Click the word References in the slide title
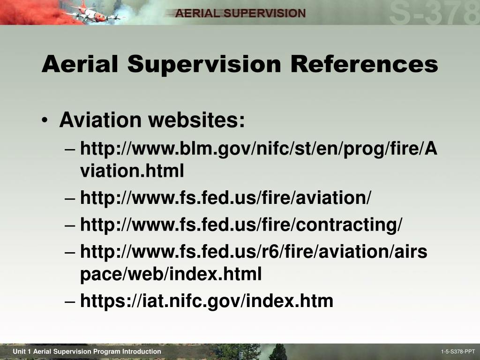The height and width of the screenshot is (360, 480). (364, 64)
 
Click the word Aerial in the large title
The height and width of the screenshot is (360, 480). (80, 64)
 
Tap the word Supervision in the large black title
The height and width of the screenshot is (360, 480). (204, 65)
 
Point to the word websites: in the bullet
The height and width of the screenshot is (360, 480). (196, 120)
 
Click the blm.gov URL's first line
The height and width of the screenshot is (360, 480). (259, 149)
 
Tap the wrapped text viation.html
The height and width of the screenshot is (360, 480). (132, 171)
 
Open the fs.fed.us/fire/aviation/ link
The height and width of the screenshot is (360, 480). (225, 197)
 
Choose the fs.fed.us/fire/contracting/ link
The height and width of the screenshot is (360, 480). (241, 225)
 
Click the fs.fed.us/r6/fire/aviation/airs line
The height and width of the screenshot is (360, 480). (254, 251)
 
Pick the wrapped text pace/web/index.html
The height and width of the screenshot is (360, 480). (171, 274)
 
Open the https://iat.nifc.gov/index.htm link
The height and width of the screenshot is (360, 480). (207, 300)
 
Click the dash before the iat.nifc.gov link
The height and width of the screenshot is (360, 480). (70, 301)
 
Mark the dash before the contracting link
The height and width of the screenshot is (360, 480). (70, 225)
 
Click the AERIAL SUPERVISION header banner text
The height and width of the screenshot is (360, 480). (240, 13)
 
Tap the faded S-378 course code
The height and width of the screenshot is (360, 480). (434, 13)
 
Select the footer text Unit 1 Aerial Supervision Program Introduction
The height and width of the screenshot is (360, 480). (87, 352)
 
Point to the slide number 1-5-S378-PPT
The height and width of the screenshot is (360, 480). (458, 352)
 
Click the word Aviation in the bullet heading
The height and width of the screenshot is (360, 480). (100, 120)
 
